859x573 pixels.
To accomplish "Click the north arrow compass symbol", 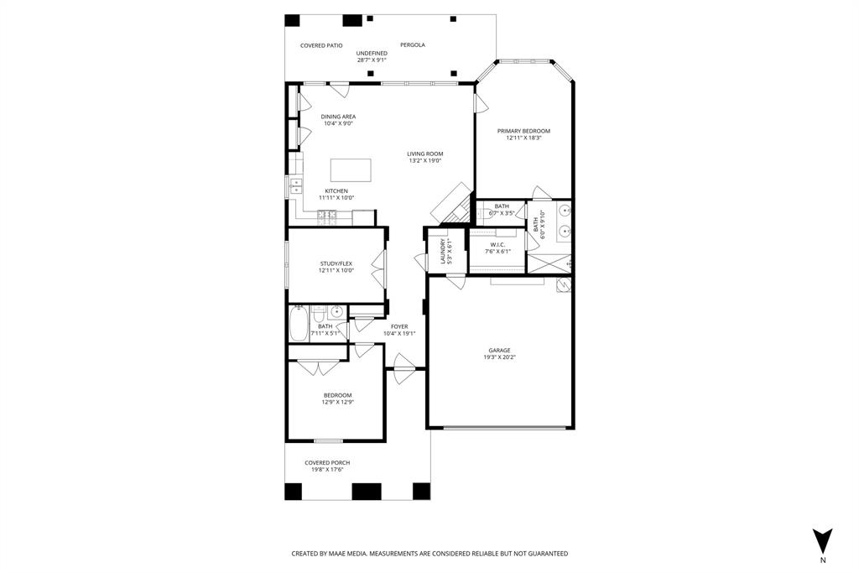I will tap(823, 540).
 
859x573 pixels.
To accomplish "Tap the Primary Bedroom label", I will tap(523, 131).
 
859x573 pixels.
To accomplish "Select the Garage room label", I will tap(499, 351).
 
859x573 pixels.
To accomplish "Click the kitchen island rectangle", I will tap(351, 170).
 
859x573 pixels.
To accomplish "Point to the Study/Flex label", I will tap(336, 263).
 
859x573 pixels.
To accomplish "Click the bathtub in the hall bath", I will tap(299, 323).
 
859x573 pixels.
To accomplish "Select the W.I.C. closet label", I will tap(497, 245).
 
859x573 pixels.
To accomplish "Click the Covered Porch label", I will tap(327, 462).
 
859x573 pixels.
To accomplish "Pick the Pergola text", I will tap(412, 45).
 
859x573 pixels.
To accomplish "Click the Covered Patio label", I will tap(321, 45).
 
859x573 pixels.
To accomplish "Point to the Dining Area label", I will tap(338, 117).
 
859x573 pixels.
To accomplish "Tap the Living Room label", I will tap(425, 154).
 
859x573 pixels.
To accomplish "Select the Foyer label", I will tap(399, 326).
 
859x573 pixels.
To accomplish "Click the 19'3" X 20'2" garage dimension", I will tap(499, 357).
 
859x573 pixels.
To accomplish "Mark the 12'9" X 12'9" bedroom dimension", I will tap(338, 402).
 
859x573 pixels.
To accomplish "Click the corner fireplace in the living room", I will tap(452, 202).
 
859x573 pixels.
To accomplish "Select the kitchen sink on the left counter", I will tap(295, 187).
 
